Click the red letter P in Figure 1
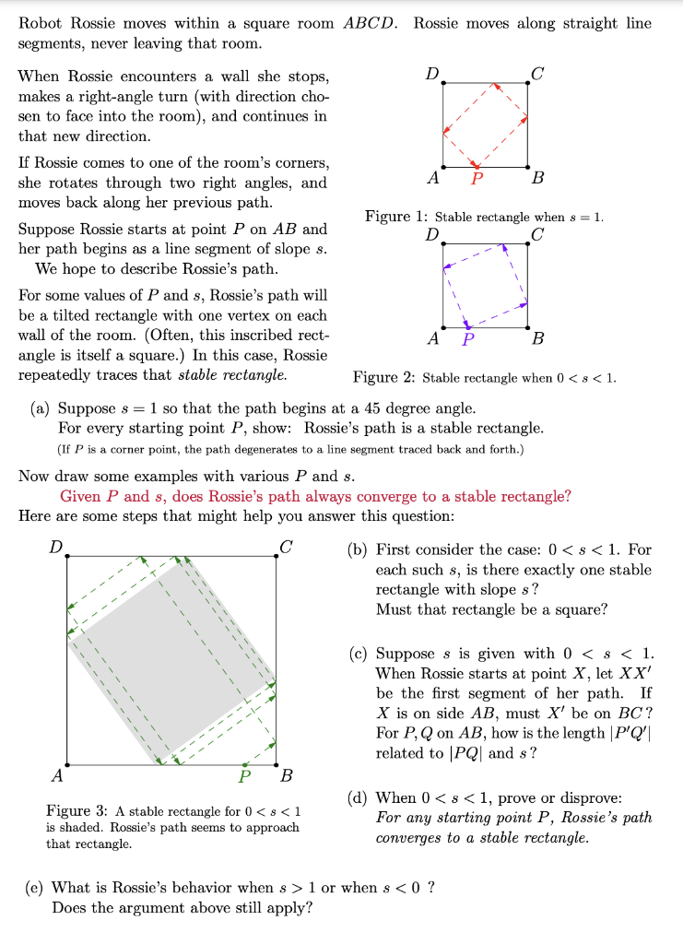[476, 178]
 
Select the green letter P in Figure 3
[244, 775]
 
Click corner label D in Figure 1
[430, 72]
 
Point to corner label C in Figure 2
[538, 234]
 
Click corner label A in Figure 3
[57, 776]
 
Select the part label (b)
[358, 550]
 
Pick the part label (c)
[358, 654]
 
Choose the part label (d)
[358, 797]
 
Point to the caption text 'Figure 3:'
[77, 811]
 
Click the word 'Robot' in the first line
[39, 23]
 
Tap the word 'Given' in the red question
[79, 496]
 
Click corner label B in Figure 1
[538, 178]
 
